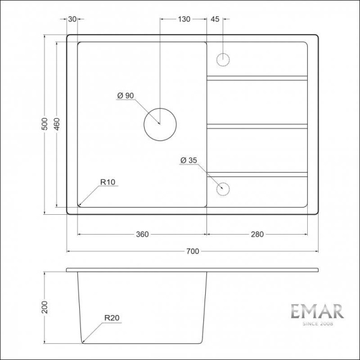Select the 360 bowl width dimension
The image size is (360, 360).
pyautogui.click(x=142, y=234)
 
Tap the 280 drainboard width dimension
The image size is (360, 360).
pyautogui.click(x=257, y=234)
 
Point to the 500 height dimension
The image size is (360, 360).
pyautogui.click(x=44, y=124)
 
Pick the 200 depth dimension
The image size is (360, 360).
pyautogui.click(x=44, y=307)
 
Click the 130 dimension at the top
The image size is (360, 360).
pyautogui.click(x=184, y=19)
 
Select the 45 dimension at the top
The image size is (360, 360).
pyautogui.click(x=215, y=19)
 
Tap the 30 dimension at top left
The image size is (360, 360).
pyautogui.click(x=73, y=19)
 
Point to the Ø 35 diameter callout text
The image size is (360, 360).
pyautogui.click(x=188, y=160)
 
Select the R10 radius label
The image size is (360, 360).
pyautogui.click(x=108, y=182)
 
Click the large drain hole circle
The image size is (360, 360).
pyautogui.click(x=160, y=124)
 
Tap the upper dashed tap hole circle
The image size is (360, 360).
pyautogui.click(x=223, y=60)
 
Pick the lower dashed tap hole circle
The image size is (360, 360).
pyautogui.click(x=223, y=188)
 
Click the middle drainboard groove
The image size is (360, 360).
pyautogui.click(x=257, y=126)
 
